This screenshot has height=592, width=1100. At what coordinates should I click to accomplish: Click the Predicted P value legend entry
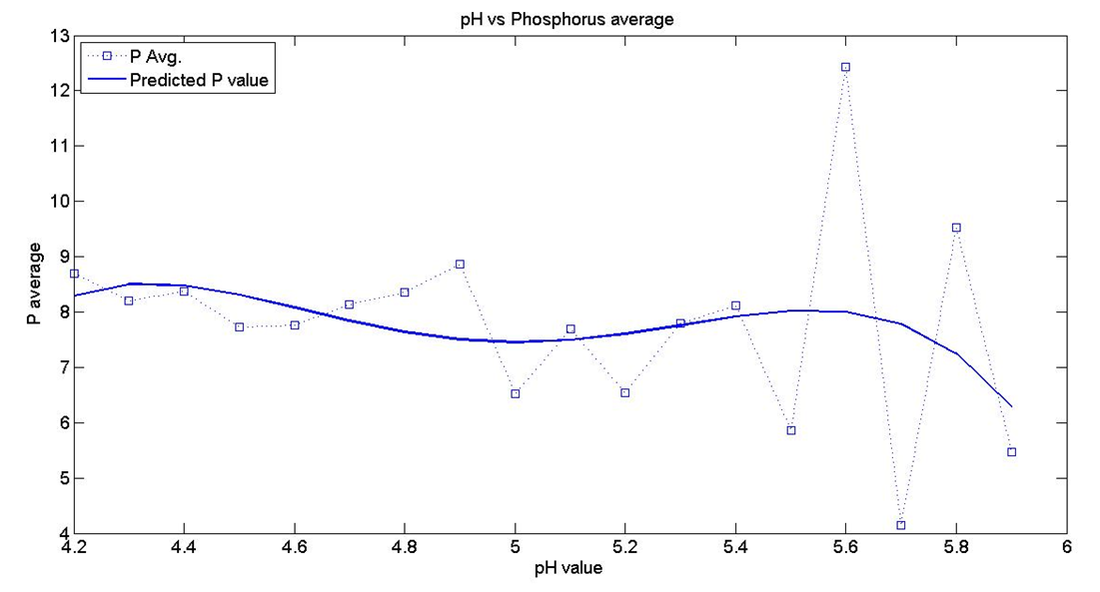[199, 81]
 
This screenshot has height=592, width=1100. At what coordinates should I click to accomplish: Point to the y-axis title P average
[34, 284]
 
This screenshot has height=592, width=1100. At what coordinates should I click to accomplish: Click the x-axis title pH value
[568, 569]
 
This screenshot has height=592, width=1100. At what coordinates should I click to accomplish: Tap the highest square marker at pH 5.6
[845, 68]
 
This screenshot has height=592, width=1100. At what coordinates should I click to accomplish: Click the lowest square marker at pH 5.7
[901, 525]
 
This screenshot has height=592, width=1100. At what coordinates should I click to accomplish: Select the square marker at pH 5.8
[956, 228]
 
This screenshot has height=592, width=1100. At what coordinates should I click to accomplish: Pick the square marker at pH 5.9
[1011, 452]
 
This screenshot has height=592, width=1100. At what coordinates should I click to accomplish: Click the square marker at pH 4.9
[460, 265]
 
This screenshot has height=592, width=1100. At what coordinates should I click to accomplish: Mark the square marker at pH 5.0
[515, 393]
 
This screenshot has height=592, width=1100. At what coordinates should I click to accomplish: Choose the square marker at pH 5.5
[790, 430]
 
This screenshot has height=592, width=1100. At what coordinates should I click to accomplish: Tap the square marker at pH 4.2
[74, 274]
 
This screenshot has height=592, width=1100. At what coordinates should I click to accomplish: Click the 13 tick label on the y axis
[55, 36]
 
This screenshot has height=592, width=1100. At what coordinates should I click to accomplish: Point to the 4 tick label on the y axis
[59, 534]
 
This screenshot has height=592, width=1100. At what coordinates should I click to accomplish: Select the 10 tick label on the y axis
[55, 202]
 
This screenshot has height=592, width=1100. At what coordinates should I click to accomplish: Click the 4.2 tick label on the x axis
[74, 547]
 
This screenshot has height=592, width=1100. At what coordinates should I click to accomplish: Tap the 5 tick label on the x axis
[515, 547]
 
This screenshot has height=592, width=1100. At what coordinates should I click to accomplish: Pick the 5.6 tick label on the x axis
[845, 547]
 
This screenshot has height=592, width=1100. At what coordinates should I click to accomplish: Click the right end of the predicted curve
[1011, 406]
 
